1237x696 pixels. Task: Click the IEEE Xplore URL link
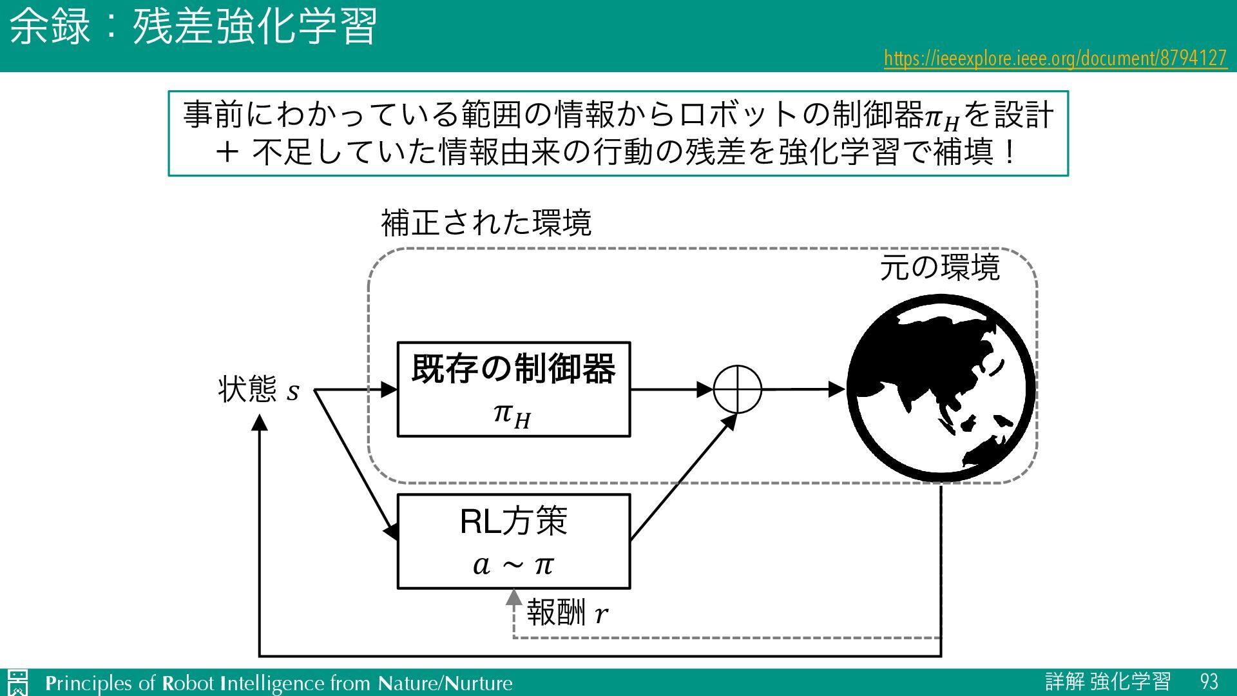point(1055,59)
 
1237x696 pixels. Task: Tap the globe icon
point(941,389)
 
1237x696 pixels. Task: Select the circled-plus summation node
point(738,389)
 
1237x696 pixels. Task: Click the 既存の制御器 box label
point(513,369)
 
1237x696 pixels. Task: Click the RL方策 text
point(513,521)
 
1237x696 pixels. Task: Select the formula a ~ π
point(513,565)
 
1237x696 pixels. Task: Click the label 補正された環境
point(486,223)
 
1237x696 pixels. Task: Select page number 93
point(1209,682)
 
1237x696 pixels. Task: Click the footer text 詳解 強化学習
point(1108,682)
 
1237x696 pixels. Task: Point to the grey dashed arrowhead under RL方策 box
point(513,597)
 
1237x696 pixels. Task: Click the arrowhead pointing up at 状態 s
point(259,423)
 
